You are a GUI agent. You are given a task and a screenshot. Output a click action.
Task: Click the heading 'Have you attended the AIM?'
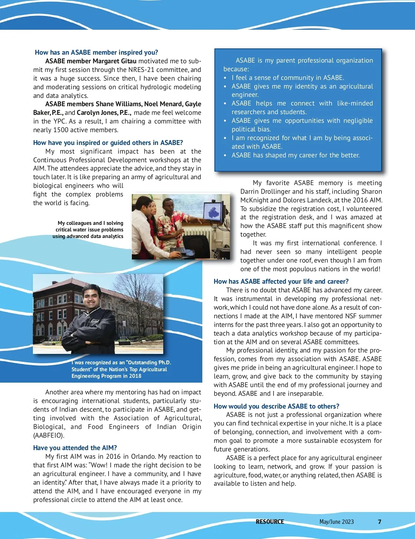(x=75, y=448)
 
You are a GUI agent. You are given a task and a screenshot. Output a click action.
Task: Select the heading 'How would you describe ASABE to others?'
(x=276, y=406)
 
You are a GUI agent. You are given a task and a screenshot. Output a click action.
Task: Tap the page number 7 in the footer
(x=379, y=522)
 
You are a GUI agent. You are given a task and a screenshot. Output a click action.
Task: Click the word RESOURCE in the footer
(x=270, y=522)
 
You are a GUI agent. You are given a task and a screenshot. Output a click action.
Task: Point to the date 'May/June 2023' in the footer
(x=336, y=522)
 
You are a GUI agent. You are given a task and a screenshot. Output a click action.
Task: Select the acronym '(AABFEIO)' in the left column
(x=49, y=436)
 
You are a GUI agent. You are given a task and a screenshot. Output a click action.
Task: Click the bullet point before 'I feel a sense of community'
(x=225, y=78)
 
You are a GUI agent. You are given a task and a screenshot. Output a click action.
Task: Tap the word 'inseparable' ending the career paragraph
(x=306, y=394)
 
